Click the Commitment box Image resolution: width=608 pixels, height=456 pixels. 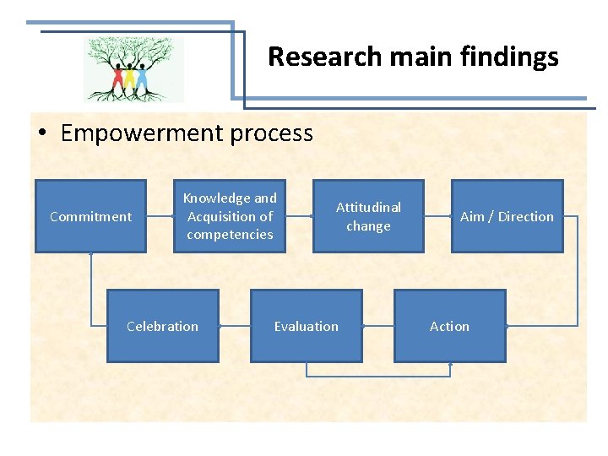[x=90, y=216]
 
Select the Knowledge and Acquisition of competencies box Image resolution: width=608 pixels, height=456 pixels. [x=230, y=216]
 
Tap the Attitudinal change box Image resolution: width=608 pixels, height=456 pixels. [x=368, y=216]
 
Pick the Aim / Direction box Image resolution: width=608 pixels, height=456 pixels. [x=507, y=216]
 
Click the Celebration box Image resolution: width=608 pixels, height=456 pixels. [x=162, y=326]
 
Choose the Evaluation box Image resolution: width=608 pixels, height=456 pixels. [x=306, y=326]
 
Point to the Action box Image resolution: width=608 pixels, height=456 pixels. [x=449, y=326]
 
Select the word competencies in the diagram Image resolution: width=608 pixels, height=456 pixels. [x=230, y=235]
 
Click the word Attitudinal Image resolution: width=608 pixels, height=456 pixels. [x=368, y=207]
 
